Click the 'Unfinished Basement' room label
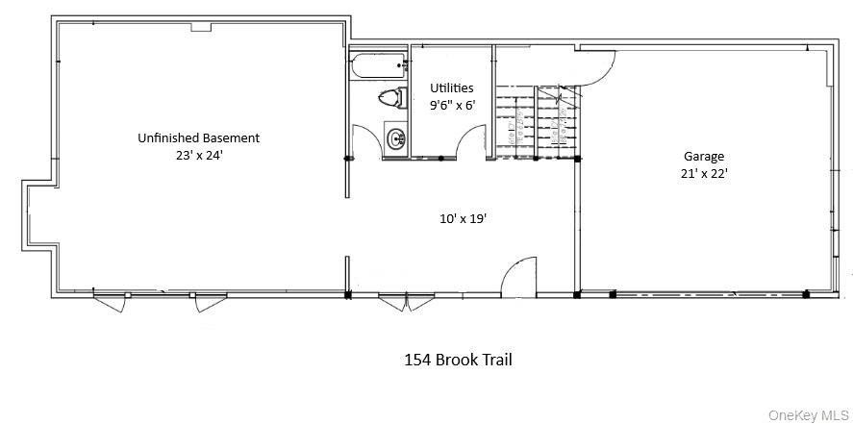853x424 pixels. coord(198,137)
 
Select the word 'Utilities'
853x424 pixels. coord(451,88)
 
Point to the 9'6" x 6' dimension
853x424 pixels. coord(451,106)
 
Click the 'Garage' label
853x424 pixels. coord(704,157)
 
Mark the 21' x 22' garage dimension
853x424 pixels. coord(704,174)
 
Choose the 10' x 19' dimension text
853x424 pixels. coord(463,218)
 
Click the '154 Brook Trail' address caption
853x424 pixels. coord(457,361)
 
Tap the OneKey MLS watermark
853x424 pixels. coord(807,415)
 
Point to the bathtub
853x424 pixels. coord(378,69)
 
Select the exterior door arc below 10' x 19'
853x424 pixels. coord(519,274)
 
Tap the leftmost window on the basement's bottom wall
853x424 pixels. coord(109,301)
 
